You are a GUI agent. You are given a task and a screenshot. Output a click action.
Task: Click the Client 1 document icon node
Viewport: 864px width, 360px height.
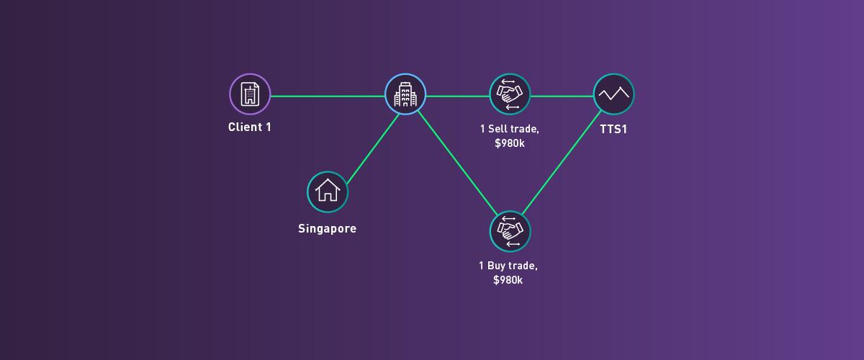pos(250,94)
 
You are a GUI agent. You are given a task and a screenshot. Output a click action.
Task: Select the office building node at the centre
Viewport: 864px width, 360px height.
pos(405,94)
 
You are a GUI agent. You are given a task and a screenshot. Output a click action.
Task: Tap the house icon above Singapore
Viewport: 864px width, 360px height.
pos(328,192)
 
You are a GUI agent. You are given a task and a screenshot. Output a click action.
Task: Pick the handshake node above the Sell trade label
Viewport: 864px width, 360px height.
pos(510,94)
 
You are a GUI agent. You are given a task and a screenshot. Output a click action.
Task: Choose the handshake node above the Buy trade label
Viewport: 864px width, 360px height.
pos(510,230)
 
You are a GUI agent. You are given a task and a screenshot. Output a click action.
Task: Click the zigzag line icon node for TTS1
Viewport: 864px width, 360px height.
pos(614,94)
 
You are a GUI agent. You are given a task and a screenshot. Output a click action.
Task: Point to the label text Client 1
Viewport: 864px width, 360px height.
pos(250,127)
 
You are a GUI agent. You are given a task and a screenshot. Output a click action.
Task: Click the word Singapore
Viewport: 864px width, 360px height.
pos(328,229)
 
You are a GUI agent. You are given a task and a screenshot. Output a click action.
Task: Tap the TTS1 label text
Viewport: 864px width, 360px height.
pos(613,131)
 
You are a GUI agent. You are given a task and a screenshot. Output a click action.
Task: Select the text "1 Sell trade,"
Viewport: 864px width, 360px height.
pos(509,129)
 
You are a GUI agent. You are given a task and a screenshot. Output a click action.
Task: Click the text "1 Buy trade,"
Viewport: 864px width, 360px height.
pos(508,266)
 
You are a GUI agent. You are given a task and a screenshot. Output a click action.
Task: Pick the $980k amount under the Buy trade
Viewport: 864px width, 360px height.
pos(508,280)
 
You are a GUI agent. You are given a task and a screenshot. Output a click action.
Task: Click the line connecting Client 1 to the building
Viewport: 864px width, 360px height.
pos(328,95)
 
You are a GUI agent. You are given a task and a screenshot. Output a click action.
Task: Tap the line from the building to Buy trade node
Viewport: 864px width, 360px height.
pos(457,162)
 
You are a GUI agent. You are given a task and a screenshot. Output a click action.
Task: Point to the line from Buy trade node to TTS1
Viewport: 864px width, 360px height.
pos(562,163)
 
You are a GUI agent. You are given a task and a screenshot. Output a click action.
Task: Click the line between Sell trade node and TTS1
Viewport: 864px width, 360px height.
pos(562,95)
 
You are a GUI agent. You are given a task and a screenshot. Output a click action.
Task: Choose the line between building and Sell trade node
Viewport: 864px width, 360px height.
pos(457,95)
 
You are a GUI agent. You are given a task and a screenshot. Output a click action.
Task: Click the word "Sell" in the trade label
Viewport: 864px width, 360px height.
pos(502,129)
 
